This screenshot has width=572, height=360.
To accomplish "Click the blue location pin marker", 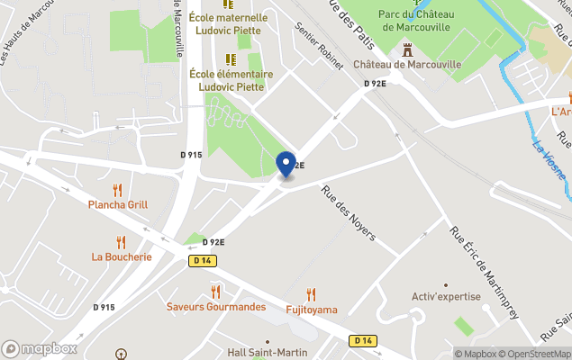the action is click(x=286, y=165).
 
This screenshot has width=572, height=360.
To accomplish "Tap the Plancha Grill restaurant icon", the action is click(x=117, y=190).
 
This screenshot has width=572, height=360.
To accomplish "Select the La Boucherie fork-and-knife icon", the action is click(x=122, y=241).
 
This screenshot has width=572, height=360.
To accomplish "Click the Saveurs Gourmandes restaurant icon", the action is click(x=215, y=292).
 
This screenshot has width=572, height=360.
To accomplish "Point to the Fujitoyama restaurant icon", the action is click(x=311, y=294).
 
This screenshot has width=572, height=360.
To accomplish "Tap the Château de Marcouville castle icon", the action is click(x=407, y=49).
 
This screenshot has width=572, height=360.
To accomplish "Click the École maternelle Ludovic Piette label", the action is click(x=229, y=23).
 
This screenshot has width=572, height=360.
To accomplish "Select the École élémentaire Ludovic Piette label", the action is click(x=232, y=80).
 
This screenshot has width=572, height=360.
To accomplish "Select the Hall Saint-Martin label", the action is click(x=265, y=353).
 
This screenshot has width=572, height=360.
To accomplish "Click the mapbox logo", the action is click(x=40, y=348).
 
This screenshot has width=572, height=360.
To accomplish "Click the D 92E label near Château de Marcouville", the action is click(x=375, y=84).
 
